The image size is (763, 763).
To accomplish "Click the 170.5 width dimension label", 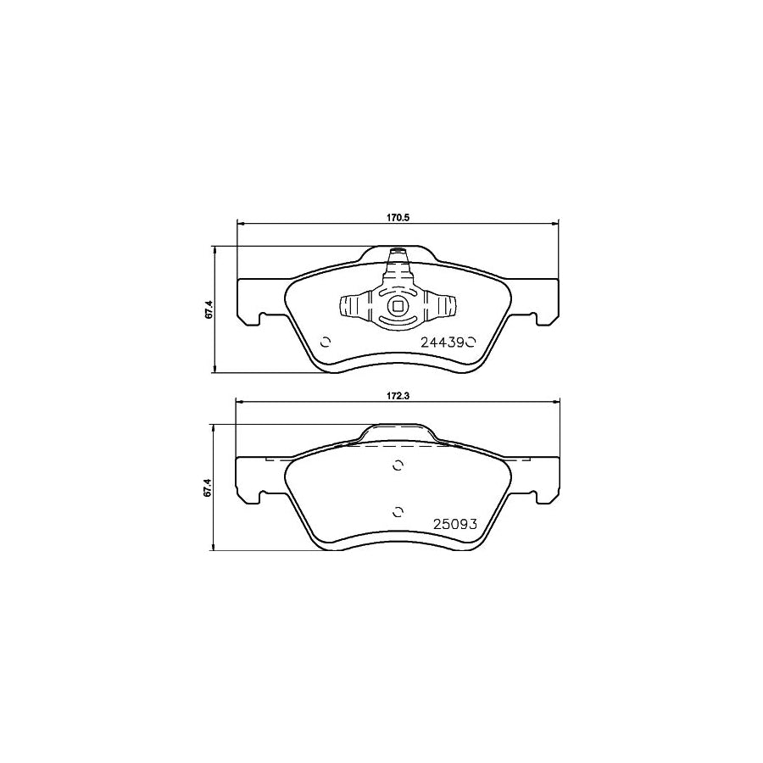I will [398, 217].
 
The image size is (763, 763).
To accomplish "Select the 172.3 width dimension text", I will [398, 396].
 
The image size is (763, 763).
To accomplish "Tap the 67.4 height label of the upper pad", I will [207, 309].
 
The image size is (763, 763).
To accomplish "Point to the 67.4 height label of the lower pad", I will [207, 488].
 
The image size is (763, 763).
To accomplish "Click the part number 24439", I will [443, 343].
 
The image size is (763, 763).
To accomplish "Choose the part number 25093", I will [457, 523].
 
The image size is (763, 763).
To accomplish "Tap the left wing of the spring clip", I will [351, 307].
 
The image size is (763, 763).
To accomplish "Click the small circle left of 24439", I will [324, 343].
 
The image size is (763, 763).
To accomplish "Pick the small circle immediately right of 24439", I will [472, 343].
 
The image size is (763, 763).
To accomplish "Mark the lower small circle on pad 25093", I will [398, 510].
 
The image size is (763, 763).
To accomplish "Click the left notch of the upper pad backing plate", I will [259, 320].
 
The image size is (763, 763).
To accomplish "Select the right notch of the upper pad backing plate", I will [536, 320].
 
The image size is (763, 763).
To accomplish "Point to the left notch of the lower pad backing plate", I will [259, 498].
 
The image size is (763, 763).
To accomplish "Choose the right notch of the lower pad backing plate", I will [536, 498].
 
